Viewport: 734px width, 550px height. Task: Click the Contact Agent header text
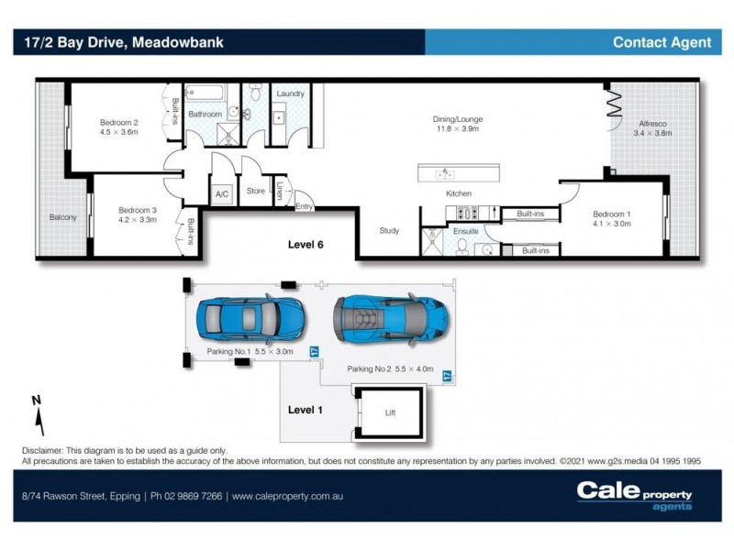662,42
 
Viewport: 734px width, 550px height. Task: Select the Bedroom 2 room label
118,127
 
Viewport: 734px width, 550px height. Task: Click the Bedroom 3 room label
138,214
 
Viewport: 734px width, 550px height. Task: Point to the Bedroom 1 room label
611,218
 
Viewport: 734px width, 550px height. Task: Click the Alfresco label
652,127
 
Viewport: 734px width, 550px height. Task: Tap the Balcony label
63,217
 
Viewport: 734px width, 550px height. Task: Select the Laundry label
290,93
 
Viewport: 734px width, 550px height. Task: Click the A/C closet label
222,194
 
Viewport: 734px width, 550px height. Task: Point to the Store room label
255,192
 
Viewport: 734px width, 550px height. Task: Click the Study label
389,231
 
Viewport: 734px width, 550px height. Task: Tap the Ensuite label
465,231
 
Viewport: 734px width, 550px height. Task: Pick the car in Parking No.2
391,318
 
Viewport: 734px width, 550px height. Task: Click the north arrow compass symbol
38,415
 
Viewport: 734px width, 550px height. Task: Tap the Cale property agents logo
634,495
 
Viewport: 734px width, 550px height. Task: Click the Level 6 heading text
306,245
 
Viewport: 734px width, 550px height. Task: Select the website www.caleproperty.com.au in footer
288,496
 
